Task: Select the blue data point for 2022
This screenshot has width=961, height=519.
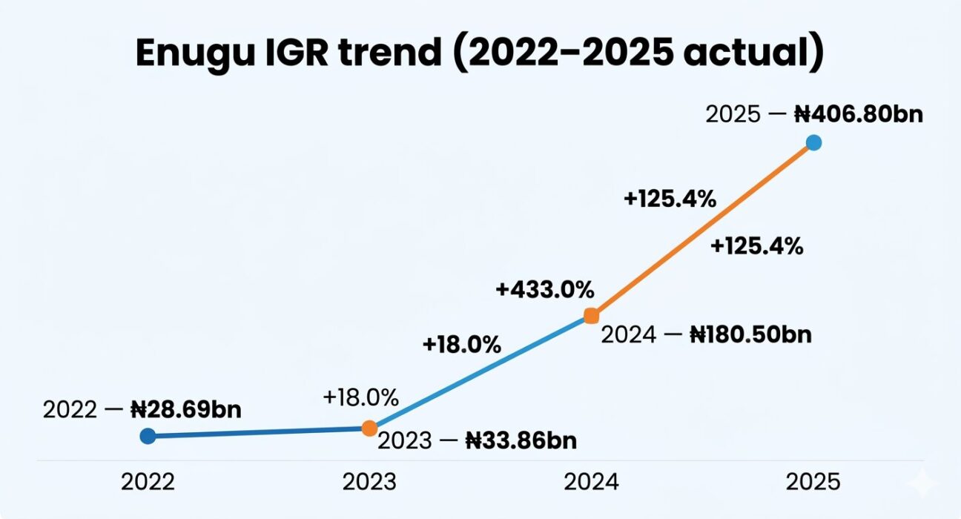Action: coord(148,436)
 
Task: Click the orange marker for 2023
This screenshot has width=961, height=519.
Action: coord(369,428)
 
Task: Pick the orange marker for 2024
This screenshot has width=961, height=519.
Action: coord(591,316)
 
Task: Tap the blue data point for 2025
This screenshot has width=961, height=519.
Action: coord(813,142)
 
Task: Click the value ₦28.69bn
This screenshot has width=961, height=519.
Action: coord(186,410)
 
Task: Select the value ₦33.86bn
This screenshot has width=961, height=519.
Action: coord(521,441)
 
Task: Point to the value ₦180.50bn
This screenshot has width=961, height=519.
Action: coord(750,334)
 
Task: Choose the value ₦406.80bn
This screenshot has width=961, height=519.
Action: coord(859,114)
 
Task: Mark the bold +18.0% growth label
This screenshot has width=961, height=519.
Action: coord(462,345)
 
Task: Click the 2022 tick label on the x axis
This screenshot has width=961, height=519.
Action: coord(148,482)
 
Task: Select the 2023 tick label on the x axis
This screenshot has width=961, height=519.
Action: coord(369,482)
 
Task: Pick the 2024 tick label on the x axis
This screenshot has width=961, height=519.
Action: coord(591,482)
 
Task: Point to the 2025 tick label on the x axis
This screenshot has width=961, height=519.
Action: coord(813,482)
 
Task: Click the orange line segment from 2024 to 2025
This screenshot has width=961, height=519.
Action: coord(702,229)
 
